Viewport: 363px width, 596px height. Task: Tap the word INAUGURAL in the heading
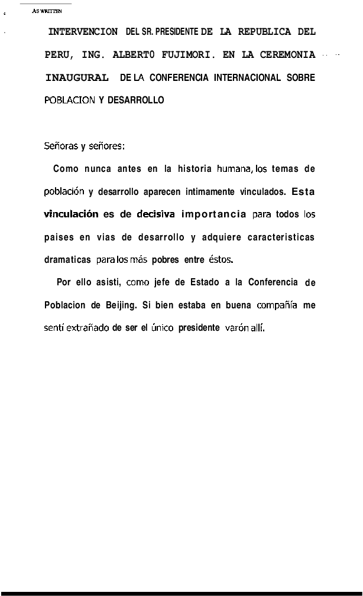[x=77, y=78]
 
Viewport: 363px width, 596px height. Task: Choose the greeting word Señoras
[x=61, y=146]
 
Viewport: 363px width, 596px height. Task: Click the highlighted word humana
[x=235, y=169]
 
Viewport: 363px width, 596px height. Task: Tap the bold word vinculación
[x=71, y=214]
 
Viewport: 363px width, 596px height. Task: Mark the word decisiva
[x=155, y=214]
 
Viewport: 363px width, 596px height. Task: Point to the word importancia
[x=214, y=214]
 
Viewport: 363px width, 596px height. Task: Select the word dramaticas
[x=67, y=260]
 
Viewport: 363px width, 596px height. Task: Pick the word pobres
[x=165, y=260]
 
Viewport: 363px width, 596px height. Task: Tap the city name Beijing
[x=121, y=305]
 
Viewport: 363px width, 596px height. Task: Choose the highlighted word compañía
[x=277, y=305]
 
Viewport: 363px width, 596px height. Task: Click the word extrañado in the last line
[x=87, y=328]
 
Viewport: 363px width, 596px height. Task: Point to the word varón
[x=236, y=328]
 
